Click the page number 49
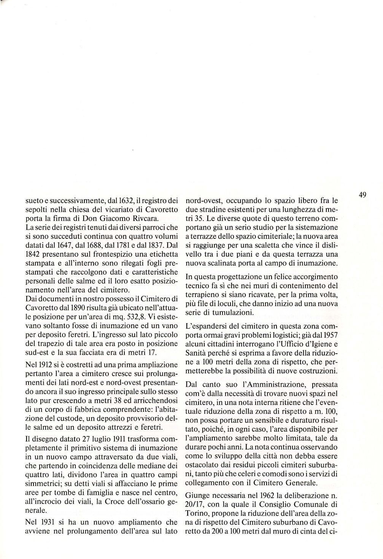click(362, 195)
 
